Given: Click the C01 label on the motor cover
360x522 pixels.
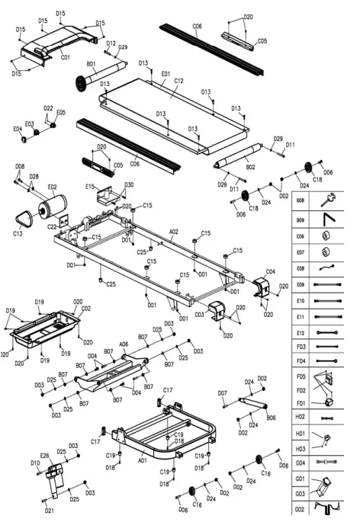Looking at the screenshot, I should click(65, 57).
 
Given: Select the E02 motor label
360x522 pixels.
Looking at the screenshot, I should click(52, 186).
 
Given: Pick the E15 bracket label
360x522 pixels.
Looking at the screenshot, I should click(90, 186).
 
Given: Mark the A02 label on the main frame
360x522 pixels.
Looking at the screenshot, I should click(174, 231).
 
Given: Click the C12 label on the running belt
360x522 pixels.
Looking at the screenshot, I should click(178, 80).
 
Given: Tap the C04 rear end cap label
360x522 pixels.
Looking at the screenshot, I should click(270, 271).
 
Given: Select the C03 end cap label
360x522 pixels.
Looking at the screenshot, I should click(200, 313).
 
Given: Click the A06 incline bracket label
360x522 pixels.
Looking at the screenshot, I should click(123, 344).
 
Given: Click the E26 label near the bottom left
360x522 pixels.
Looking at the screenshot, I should click(44, 456).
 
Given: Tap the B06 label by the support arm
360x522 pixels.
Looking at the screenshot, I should click(272, 418).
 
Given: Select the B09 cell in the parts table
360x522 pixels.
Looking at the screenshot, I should click(300, 219).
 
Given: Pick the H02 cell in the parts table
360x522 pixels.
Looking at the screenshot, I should click(300, 418).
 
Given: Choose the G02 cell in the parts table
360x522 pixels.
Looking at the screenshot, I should click(300, 508).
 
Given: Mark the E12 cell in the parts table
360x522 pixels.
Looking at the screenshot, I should click(300, 334).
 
